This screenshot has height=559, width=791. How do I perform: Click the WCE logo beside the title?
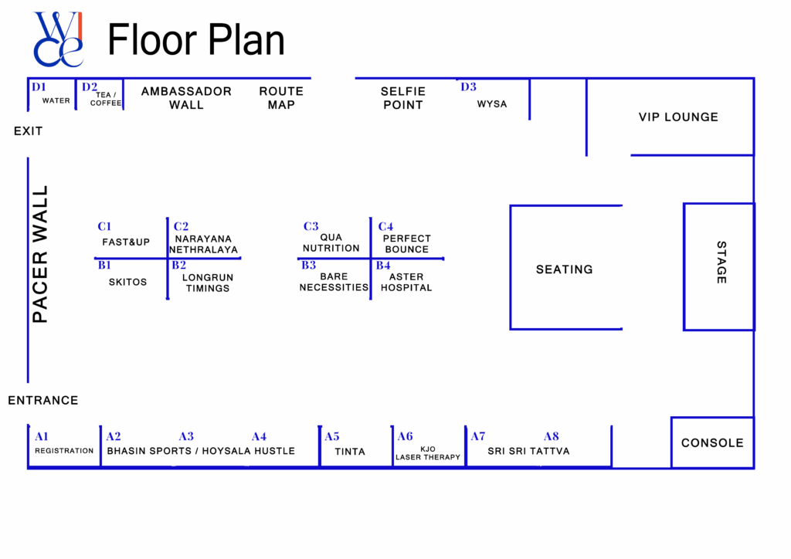click(x=58, y=39)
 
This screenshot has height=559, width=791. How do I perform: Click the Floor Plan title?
click(x=196, y=40)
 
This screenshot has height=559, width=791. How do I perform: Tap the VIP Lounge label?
click(x=678, y=117)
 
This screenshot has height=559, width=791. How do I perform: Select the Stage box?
click(x=719, y=266)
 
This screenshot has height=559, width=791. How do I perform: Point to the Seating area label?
click(x=565, y=269)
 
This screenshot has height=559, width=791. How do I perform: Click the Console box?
click(x=712, y=443)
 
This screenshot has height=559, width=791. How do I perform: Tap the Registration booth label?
click(x=64, y=451)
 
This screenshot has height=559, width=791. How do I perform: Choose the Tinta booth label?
click(x=350, y=452)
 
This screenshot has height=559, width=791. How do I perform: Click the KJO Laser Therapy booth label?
click(x=428, y=453)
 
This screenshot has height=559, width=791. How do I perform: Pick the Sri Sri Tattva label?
click(x=528, y=451)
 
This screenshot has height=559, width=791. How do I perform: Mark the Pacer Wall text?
click(x=40, y=254)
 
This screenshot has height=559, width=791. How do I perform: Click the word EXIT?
click(x=29, y=131)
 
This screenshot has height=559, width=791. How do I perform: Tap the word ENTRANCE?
click(x=43, y=401)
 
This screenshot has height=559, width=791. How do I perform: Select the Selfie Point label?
click(x=402, y=98)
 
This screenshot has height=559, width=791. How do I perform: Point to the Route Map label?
click(x=281, y=98)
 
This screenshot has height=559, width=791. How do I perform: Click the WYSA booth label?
click(x=492, y=104)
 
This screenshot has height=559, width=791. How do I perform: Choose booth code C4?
click(x=385, y=226)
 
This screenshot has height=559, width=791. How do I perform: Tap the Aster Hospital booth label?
click(x=406, y=282)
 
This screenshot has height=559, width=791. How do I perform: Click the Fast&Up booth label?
click(x=126, y=242)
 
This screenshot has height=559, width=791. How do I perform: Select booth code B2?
click(x=178, y=265)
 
